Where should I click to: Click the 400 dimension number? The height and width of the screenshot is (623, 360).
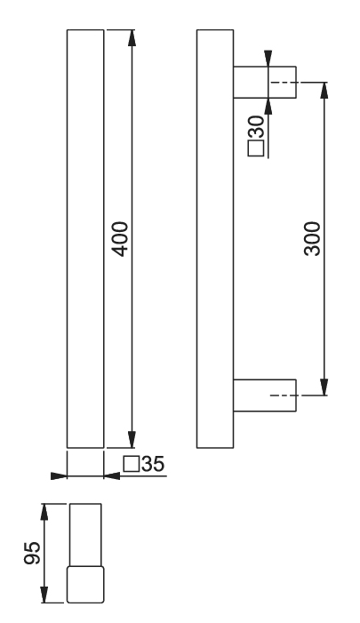120,239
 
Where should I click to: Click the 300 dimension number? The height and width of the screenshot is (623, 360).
312,239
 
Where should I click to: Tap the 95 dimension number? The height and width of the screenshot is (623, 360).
32,553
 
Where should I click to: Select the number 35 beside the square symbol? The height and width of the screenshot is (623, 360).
153,464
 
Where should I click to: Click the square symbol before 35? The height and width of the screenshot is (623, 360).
132,464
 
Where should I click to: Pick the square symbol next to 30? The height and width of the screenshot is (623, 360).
256,148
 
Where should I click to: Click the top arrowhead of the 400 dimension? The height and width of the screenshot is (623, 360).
132,37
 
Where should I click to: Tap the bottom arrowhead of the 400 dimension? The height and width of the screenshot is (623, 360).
132,439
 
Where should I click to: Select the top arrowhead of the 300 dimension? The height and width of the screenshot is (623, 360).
324,90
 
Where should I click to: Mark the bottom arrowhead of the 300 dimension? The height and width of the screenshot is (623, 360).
324,387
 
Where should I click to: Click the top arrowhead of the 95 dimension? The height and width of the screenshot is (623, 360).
44,512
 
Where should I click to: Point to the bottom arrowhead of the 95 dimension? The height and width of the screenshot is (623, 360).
44,595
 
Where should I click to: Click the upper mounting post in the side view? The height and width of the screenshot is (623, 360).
265,83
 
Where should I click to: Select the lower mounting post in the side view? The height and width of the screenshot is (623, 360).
265,395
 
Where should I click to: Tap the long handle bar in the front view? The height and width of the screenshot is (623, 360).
85,239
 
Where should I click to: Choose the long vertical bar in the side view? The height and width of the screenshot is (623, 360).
215,239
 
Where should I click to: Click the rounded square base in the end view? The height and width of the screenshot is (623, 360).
85,585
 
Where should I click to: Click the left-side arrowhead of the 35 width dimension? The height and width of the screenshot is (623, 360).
59,475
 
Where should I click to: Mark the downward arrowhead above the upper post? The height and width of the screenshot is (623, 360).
268,59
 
